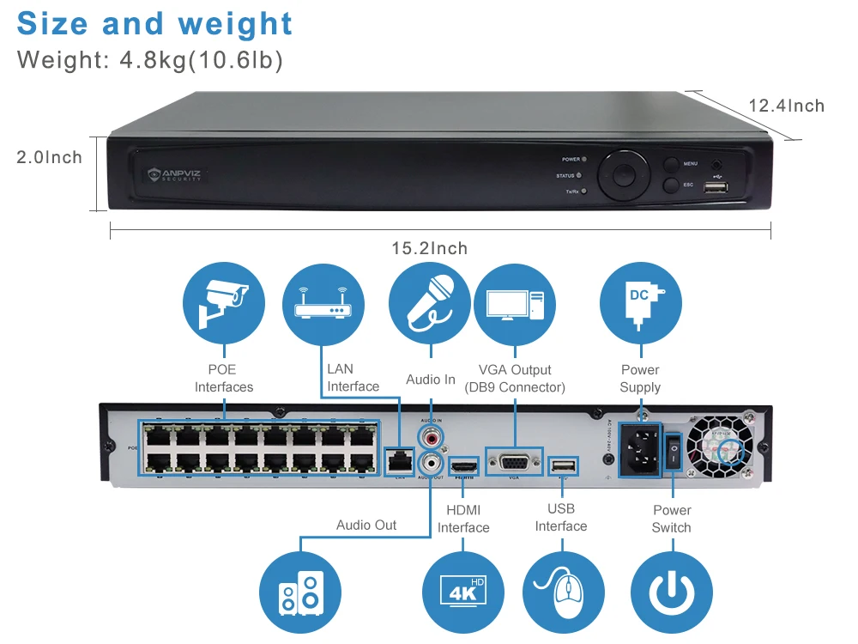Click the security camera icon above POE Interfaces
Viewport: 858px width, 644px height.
tap(223, 302)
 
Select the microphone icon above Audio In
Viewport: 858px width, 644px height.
tap(429, 302)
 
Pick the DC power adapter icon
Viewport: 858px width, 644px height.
tap(641, 302)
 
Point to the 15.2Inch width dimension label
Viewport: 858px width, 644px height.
tap(430, 249)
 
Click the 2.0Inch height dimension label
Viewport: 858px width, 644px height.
tap(50, 158)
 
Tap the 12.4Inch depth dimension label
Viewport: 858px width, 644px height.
tap(786, 106)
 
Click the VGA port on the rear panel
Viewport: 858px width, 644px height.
tap(515, 461)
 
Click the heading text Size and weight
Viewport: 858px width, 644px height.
tap(154, 24)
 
